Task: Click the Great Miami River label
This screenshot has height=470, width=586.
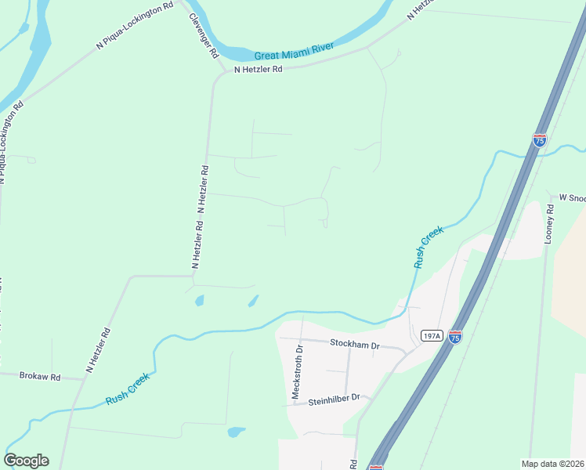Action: (294, 52)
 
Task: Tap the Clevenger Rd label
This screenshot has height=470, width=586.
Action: (203, 36)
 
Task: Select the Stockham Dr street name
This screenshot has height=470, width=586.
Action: (354, 344)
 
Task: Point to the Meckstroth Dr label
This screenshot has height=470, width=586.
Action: (296, 371)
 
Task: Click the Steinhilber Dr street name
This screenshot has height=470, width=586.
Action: (334, 398)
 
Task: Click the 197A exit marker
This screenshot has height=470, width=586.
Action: (431, 335)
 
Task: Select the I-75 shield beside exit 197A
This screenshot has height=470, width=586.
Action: (455, 335)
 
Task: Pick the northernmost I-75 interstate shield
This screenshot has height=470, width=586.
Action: (539, 139)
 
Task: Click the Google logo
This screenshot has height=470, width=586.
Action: (26, 461)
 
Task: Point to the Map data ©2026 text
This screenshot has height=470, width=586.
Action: (552, 464)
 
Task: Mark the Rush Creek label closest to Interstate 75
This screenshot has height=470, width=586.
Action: (429, 247)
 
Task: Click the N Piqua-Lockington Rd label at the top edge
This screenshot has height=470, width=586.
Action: (134, 27)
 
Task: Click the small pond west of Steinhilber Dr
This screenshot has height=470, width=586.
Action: (235, 432)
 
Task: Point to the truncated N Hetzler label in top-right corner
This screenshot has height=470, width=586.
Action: (420, 9)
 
